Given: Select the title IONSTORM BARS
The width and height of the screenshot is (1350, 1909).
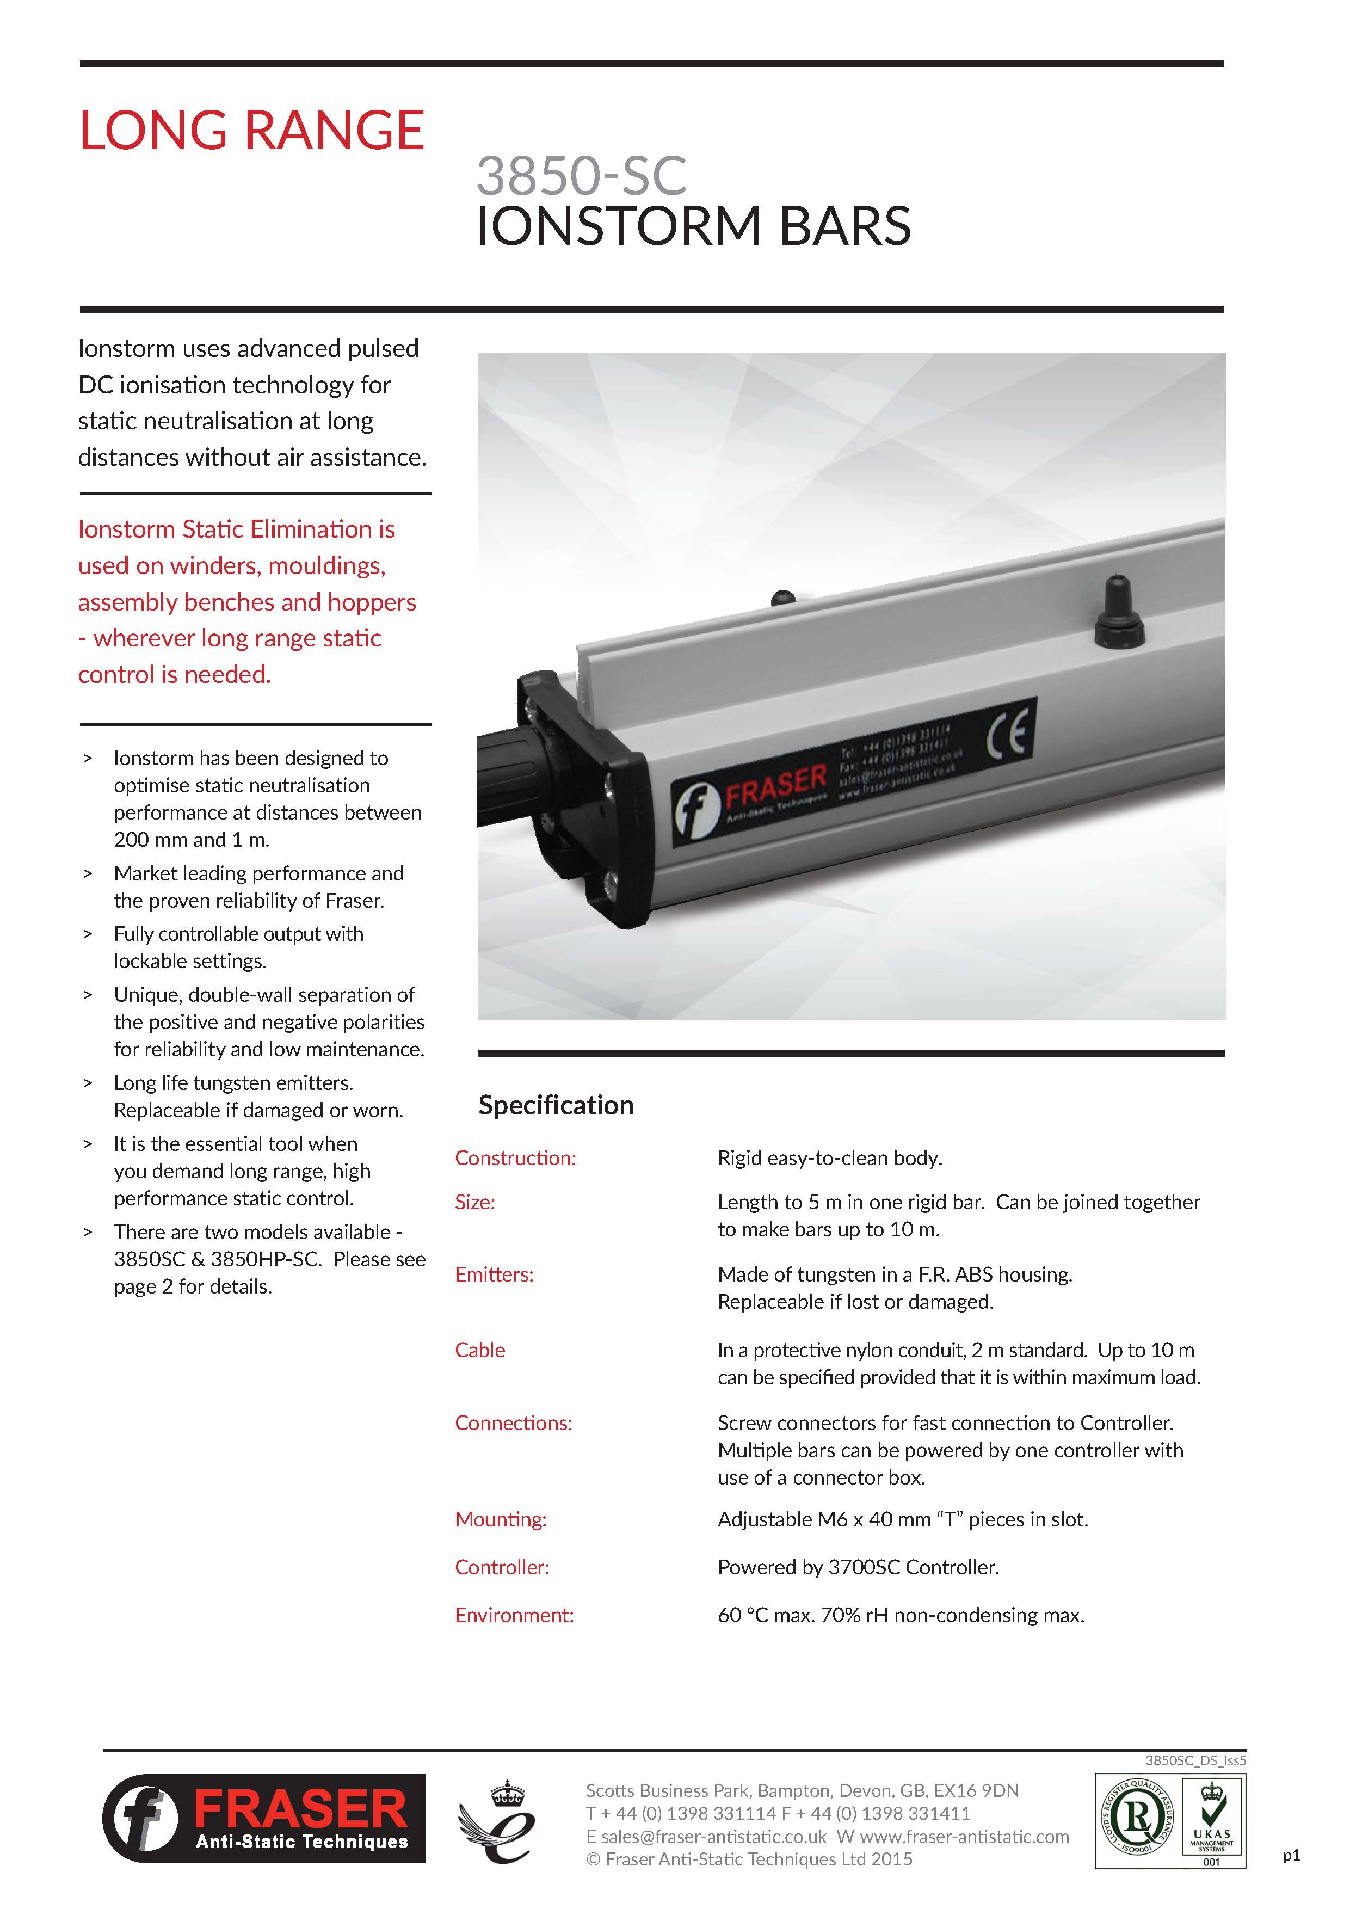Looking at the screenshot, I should (693, 226).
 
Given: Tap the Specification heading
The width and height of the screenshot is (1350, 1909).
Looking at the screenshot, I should (556, 1105).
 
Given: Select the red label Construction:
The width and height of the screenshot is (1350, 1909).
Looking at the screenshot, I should (515, 1158).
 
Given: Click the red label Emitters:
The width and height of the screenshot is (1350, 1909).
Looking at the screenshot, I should (494, 1274).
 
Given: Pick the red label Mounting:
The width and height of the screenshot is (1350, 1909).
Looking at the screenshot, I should (501, 1519).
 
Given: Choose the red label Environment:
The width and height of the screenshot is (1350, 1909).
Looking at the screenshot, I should (514, 1615).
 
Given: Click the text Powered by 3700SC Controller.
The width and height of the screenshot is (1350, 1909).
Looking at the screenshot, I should (858, 1567).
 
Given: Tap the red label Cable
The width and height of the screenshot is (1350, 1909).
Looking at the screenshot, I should (479, 1350).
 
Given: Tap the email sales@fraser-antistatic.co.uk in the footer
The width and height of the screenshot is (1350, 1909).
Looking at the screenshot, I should (707, 1837).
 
